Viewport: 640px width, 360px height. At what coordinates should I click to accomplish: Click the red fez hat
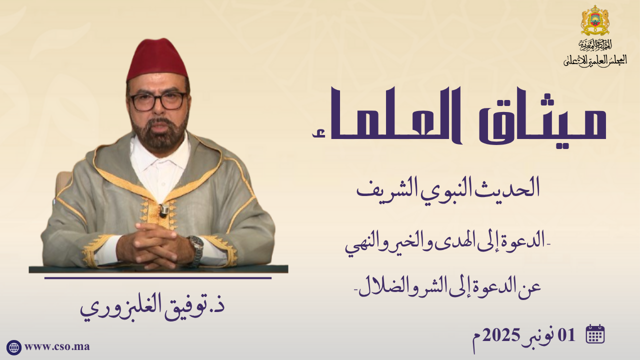point(157,60)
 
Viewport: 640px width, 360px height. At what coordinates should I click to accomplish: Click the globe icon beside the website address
point(13,347)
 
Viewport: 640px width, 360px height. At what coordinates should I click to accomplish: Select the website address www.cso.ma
point(57,347)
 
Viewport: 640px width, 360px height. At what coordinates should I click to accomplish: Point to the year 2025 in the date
point(533,335)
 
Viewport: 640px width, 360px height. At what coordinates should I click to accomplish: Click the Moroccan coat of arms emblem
point(595,20)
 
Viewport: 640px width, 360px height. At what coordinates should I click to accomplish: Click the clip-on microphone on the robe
point(163,210)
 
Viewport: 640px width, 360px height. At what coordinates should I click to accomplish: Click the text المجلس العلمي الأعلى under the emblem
point(595,60)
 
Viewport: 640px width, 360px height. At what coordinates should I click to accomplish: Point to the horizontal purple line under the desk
point(158,277)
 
